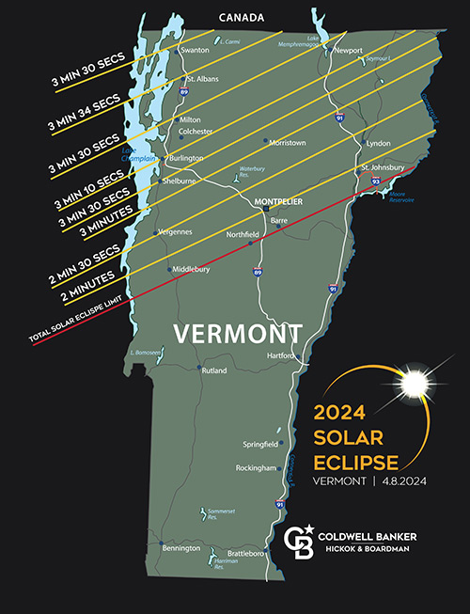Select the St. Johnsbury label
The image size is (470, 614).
(383, 167)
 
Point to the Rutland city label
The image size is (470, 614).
(214, 371)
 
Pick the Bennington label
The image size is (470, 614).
(180, 547)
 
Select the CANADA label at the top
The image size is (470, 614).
(242, 17)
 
